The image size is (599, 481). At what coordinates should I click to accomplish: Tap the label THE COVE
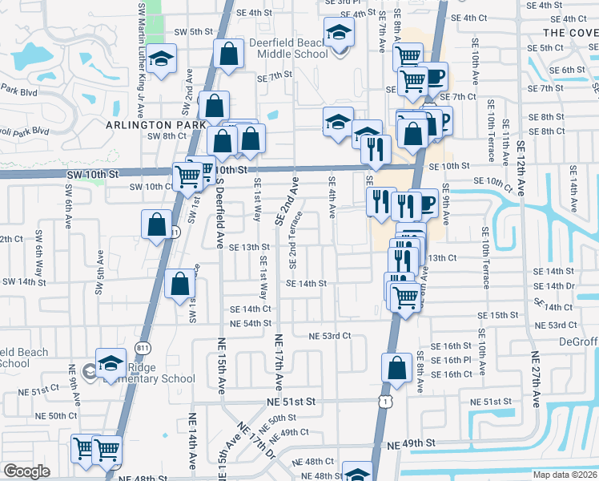(569, 32)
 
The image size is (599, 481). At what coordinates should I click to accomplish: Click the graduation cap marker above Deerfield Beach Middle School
(339, 35)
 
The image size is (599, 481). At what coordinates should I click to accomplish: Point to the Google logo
(26, 471)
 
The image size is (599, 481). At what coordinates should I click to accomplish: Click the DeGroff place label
(575, 342)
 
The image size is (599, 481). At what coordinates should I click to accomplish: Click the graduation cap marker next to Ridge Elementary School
(111, 363)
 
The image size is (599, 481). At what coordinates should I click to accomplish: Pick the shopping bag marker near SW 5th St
(228, 55)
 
